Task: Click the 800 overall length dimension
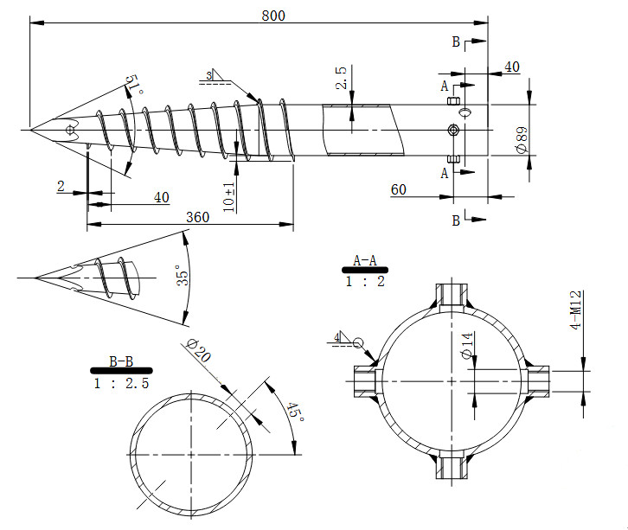[x=272, y=16]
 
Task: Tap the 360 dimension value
[x=197, y=217]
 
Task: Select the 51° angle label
[x=134, y=86]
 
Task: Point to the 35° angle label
[x=183, y=278]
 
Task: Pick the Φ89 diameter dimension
[x=522, y=137]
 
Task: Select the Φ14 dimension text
[x=467, y=347]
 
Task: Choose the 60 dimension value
[x=399, y=189]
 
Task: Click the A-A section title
[x=365, y=259]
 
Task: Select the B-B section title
[x=120, y=361]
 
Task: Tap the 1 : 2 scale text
[x=365, y=282]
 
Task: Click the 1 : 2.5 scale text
[x=121, y=383]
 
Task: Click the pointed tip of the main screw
[x=31, y=130]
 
